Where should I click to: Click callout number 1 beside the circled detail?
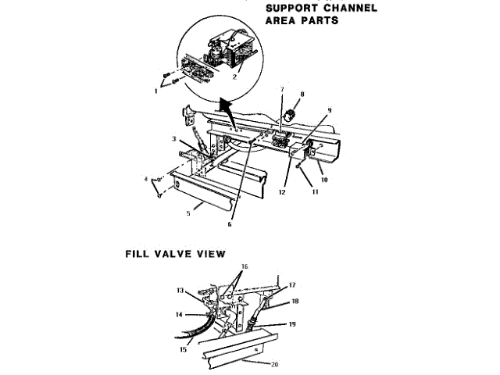point(155,91)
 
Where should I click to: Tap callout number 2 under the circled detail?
point(234,79)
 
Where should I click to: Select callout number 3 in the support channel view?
point(175,138)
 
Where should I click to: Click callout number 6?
point(230,224)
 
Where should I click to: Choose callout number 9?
point(330,111)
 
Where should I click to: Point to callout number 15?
point(184,349)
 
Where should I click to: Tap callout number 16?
point(245,266)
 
